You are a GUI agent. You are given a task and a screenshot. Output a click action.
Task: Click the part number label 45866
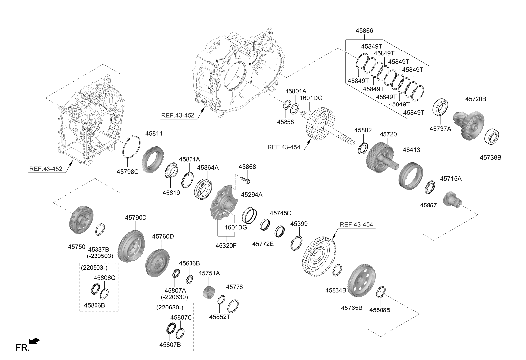[x=364, y=31]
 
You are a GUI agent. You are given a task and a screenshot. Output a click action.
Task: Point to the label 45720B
[x=476, y=99]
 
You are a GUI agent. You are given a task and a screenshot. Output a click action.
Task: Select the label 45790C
[x=136, y=217]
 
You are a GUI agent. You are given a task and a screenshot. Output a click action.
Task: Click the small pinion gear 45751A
[x=209, y=292]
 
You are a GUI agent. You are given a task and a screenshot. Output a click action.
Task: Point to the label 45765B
[x=351, y=308]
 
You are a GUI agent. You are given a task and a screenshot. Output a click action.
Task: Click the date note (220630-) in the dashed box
[x=170, y=308]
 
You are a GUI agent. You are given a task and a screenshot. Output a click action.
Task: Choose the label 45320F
[x=226, y=245]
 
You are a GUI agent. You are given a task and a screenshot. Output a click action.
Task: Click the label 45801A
[x=296, y=91]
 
